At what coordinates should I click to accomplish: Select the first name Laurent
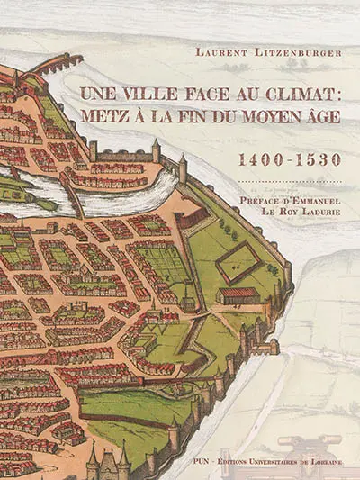[224, 52]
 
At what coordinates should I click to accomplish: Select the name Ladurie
[310, 219]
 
